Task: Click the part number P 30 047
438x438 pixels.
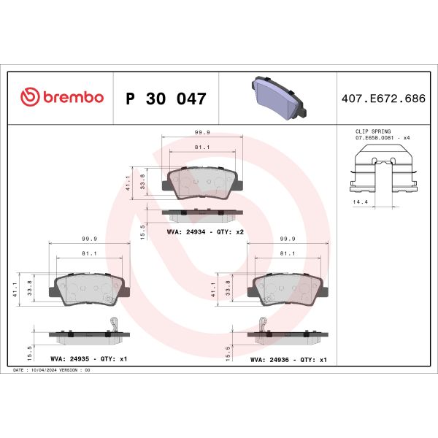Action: [x=166, y=99]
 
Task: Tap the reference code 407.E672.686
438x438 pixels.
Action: [x=383, y=98]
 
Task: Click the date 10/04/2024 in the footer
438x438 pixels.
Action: [x=47, y=371]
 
